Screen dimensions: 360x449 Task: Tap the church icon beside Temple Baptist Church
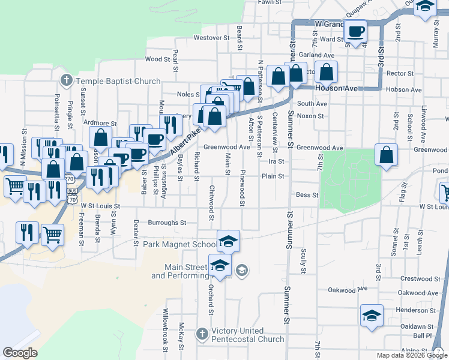tap(67, 80)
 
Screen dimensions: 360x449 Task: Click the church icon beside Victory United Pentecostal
tap(203, 332)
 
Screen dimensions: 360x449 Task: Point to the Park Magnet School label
tap(179, 245)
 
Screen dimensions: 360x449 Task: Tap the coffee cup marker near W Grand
tap(356, 32)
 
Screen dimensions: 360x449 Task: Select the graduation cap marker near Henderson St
tap(372, 316)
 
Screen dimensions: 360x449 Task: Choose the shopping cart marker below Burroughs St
tap(53, 234)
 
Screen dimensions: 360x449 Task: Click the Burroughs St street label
tap(167, 223)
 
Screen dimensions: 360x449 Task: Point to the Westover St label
tap(212, 38)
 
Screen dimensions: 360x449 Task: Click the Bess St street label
tap(307, 195)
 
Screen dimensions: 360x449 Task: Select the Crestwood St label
tap(421, 279)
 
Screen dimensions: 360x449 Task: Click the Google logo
tap(20, 353)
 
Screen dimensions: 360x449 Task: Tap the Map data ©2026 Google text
tap(406, 355)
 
